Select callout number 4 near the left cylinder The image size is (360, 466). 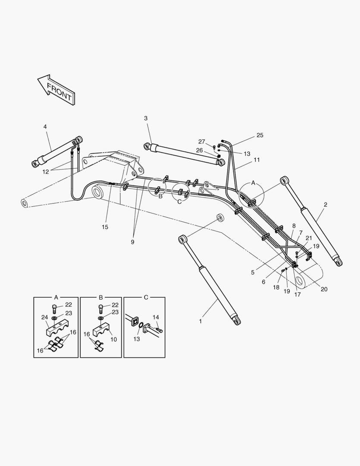coord(45,126)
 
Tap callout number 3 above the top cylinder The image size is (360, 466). coord(146,118)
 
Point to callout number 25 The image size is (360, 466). coord(260,135)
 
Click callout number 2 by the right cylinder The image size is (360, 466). coord(325,205)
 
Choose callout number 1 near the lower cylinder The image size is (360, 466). coord(200,321)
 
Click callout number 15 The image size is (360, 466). coord(106,227)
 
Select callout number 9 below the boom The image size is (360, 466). coord(132,242)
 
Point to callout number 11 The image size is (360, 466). coord(257,160)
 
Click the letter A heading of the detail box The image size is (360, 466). coord(56,297)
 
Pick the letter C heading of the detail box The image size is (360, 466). coord(146,297)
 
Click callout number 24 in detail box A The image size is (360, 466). coord(44,317)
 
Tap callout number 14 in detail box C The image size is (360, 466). coord(156,317)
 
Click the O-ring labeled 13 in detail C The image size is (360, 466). coord(141,333)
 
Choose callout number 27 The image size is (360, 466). coord(201,142)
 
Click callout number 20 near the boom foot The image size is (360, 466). coord(324,289)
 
